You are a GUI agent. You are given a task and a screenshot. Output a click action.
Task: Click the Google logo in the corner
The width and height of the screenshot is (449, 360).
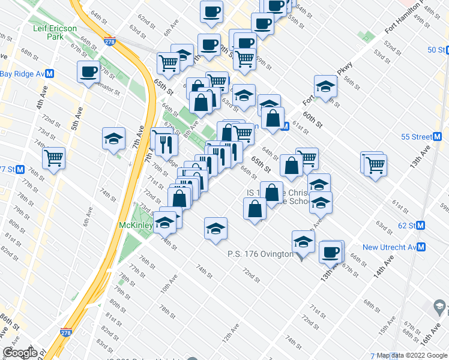(x=20, y=352)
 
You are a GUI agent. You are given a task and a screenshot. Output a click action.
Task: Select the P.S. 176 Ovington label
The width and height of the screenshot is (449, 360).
(x=260, y=254)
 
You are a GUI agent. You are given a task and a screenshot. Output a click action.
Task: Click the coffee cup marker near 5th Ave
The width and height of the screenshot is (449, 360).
(x=88, y=72)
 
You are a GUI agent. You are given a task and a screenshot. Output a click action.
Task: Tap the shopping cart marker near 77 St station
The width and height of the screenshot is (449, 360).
(x=54, y=159)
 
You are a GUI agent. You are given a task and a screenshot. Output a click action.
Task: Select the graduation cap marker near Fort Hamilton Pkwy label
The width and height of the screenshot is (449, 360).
(x=325, y=87)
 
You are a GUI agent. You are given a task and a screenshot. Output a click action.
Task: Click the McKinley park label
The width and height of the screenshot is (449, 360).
(x=135, y=226)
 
